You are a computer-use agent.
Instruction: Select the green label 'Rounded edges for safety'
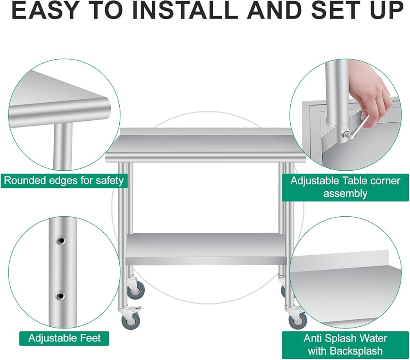point(64,181)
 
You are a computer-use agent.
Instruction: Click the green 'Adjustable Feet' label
point(64,338)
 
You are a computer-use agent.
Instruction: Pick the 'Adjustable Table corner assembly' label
point(345,187)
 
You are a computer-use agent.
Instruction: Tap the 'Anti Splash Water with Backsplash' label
point(345,344)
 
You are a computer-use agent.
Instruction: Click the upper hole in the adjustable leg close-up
point(61,240)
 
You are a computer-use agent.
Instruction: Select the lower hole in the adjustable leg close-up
point(60,296)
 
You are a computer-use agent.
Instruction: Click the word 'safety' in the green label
point(109,181)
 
